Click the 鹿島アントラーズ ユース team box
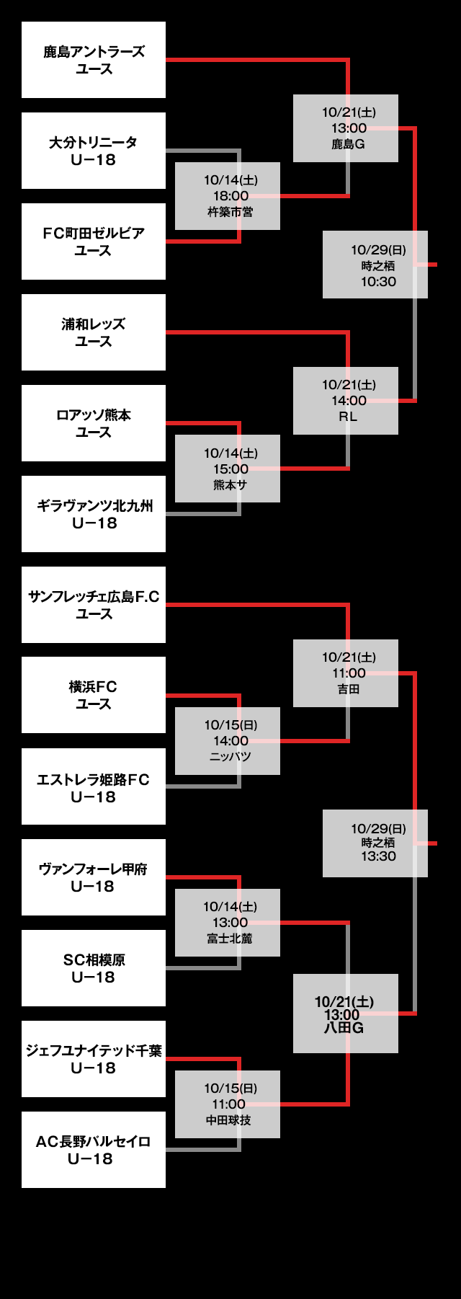pyautogui.click(x=94, y=60)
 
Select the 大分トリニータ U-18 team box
pyautogui.click(x=94, y=151)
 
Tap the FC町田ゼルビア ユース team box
pyautogui.click(x=94, y=241)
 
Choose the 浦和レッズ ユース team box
pyautogui.click(x=94, y=332)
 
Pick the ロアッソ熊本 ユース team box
pyautogui.click(x=94, y=423)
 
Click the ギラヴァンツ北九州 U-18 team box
pyautogui.click(x=94, y=514)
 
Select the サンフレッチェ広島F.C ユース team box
pyautogui.click(x=94, y=605)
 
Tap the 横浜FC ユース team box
pyautogui.click(x=94, y=695)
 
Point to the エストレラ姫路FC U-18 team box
pyautogui.click(x=94, y=786)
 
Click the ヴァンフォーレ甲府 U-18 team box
pyautogui.click(x=94, y=877)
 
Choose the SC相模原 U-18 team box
pyautogui.click(x=94, y=968)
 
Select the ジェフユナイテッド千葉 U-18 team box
pyautogui.click(x=94, y=1059)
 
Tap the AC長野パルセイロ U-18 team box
pyautogui.click(x=94, y=1150)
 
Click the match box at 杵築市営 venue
pyautogui.click(x=228, y=196)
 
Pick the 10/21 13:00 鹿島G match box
pyautogui.click(x=346, y=128)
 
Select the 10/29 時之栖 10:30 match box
pyautogui.click(x=375, y=265)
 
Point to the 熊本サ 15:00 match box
pyautogui.click(x=228, y=469)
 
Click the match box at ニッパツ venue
pyautogui.click(x=228, y=741)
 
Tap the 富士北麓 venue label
pyautogui.click(x=230, y=939)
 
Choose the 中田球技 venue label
pyautogui.click(x=229, y=1120)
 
